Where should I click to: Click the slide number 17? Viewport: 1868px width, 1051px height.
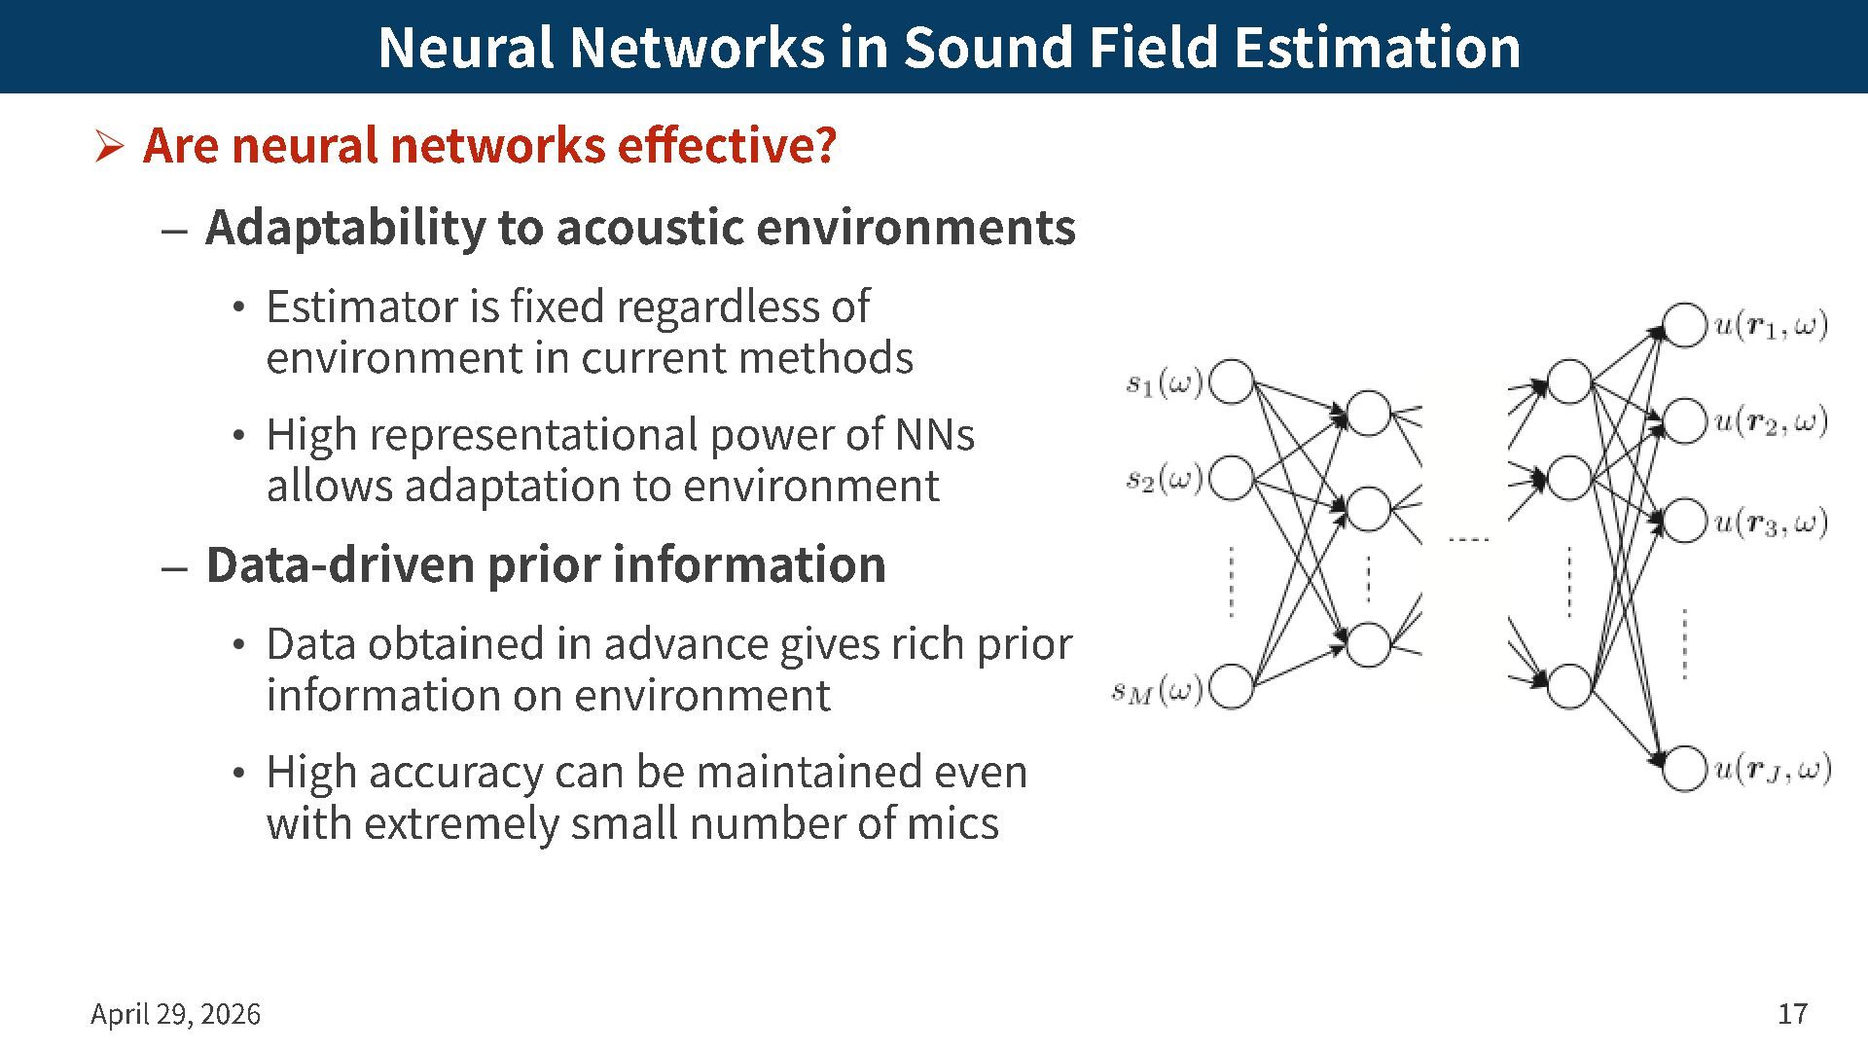[x=1792, y=1014]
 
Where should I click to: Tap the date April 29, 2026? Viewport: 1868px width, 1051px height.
[x=176, y=1014]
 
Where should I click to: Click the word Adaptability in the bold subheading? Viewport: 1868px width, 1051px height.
[x=342, y=228]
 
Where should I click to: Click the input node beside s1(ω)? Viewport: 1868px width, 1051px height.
[x=1232, y=382]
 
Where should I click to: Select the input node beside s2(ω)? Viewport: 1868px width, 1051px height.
[x=1232, y=479]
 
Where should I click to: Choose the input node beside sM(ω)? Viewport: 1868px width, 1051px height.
[x=1232, y=687]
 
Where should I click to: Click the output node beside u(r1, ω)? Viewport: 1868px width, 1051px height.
[x=1684, y=325]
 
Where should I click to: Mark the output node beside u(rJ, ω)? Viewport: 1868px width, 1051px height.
[x=1684, y=769]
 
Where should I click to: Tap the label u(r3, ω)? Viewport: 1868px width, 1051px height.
[x=1771, y=523]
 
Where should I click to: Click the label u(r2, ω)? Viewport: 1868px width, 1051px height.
[x=1771, y=421]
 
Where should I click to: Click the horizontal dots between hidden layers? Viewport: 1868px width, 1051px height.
[x=1468, y=539]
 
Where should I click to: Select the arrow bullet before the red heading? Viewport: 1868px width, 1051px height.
[x=109, y=147]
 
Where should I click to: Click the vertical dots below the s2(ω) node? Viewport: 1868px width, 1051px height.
[x=1232, y=582]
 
